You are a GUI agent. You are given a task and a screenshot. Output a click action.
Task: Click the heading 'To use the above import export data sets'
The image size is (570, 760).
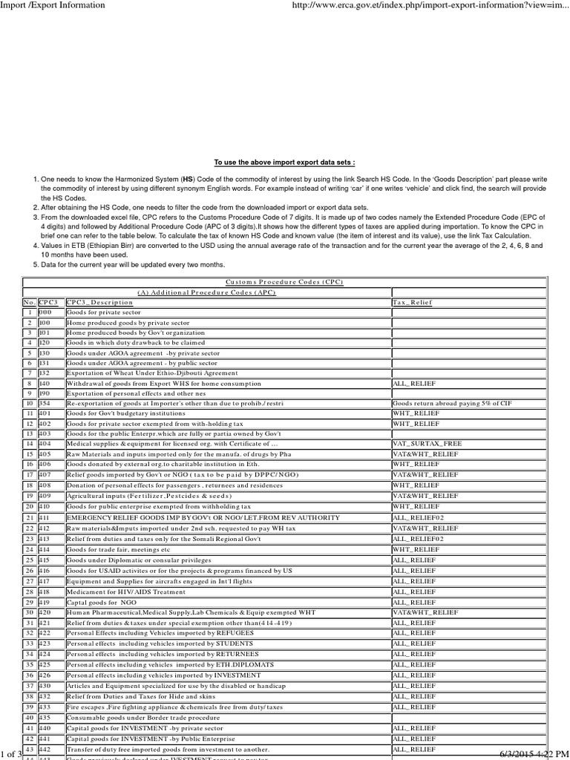[284, 161]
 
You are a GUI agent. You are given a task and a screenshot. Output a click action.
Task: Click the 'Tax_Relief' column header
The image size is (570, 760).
[410, 303]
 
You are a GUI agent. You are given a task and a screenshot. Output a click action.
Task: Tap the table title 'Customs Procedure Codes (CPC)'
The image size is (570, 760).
[284, 282]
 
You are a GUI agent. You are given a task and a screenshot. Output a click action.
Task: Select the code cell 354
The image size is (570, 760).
[45, 402]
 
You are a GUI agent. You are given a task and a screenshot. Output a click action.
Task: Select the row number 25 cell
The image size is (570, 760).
[30, 560]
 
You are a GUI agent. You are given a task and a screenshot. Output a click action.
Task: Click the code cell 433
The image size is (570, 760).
[45, 708]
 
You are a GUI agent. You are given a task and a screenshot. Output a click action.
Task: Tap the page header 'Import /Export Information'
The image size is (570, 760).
[53, 5]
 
